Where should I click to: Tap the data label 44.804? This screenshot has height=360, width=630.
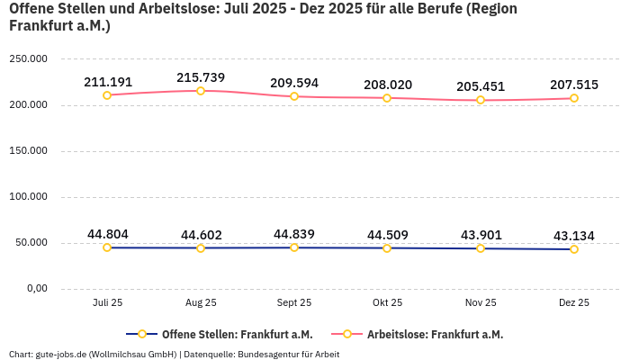(x=107, y=234)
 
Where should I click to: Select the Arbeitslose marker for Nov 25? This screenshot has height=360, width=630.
(x=481, y=100)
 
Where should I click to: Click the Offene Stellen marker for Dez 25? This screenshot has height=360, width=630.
(x=574, y=249)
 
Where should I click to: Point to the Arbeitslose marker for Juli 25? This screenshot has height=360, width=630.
(x=107, y=95)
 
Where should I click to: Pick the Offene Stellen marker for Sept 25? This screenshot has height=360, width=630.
(x=294, y=247)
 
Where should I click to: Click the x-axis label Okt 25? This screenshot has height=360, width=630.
(x=388, y=303)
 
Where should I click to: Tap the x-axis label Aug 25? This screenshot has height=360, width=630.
(x=201, y=303)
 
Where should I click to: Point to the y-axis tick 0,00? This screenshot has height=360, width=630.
(x=36, y=289)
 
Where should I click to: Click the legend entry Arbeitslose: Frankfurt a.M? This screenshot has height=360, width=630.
(x=435, y=334)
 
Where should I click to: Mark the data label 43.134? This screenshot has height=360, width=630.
(x=574, y=236)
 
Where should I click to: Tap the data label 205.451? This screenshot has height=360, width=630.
(x=481, y=86)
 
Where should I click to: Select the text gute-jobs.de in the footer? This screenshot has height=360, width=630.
(x=60, y=354)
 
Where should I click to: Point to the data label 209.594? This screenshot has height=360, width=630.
(x=294, y=83)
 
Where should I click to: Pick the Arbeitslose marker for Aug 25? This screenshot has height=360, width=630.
(x=201, y=91)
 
